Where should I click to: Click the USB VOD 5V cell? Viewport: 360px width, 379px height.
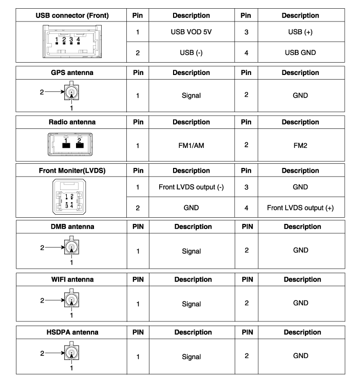(x=191, y=32)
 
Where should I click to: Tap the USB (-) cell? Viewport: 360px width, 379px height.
(x=191, y=52)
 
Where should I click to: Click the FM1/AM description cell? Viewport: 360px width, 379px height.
(x=191, y=145)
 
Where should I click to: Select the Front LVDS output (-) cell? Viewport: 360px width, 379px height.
(x=191, y=187)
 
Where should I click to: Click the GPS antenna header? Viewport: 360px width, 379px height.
(x=72, y=72)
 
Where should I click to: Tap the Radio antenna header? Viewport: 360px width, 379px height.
(x=72, y=122)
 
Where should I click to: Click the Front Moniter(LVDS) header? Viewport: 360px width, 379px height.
(x=72, y=170)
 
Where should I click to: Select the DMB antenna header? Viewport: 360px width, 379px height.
(x=72, y=226)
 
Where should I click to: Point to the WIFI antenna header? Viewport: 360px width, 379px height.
(x=72, y=279)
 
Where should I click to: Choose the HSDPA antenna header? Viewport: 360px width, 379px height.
(x=72, y=332)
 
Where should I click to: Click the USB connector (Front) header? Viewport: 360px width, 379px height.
(x=72, y=15)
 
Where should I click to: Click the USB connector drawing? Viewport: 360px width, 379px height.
(x=72, y=42)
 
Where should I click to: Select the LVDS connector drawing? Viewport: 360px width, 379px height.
(x=72, y=198)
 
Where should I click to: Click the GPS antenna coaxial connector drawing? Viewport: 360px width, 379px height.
(x=71, y=93)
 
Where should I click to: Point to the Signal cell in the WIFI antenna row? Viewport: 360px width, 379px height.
(x=191, y=304)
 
